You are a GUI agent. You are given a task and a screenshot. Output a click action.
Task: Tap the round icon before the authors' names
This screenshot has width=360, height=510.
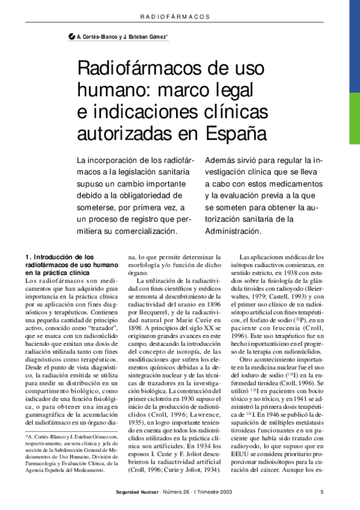pos(73,37)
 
